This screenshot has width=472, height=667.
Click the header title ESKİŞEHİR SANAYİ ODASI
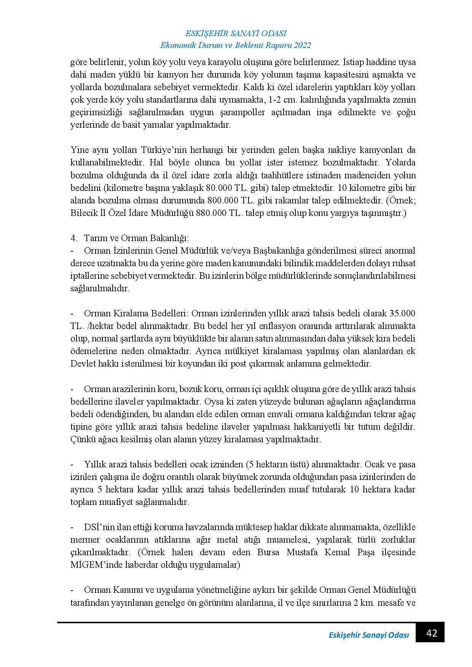pyautogui.click(x=236, y=33)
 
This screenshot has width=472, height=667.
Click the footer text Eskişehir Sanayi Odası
pyautogui.click(x=368, y=635)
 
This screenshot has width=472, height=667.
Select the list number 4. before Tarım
pyautogui.click(x=74, y=238)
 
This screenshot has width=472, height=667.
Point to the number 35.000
pyautogui.click(x=402, y=313)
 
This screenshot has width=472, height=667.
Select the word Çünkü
pyautogui.click(x=81, y=439)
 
